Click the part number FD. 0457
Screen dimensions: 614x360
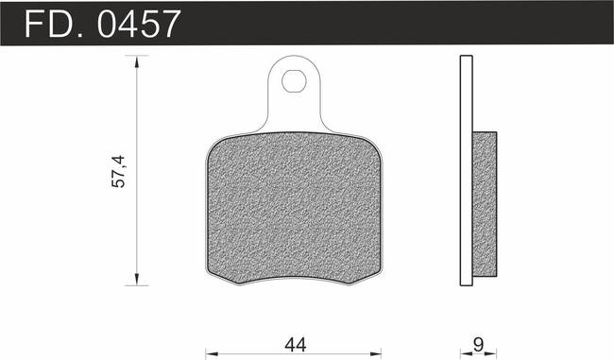[x=103, y=25]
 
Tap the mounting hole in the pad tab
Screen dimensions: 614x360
[x=294, y=81]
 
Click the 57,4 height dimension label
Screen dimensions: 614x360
[x=119, y=171]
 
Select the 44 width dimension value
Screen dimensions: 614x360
[x=296, y=345]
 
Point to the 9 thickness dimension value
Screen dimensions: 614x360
[x=478, y=345]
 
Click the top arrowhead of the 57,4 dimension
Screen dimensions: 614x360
[x=136, y=62]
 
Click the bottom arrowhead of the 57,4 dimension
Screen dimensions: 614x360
[x=136, y=279]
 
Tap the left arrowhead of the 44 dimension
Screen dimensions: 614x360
[x=212, y=354]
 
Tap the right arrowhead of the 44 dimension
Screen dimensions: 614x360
[x=375, y=354]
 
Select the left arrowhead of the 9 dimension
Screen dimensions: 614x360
[x=466, y=354]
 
